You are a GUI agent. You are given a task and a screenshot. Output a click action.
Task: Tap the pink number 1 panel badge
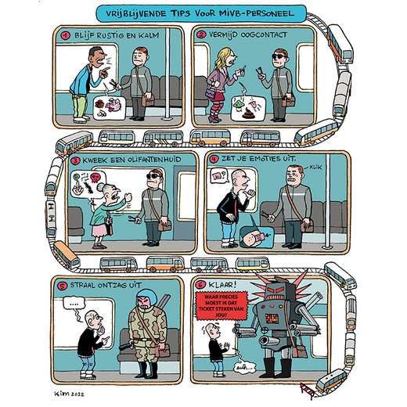click(x=66, y=35)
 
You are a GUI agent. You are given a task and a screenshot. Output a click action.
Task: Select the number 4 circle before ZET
click(x=214, y=159)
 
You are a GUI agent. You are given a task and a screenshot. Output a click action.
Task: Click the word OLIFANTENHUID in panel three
click(x=154, y=160)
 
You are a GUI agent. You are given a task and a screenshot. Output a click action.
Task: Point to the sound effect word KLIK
click(x=315, y=167)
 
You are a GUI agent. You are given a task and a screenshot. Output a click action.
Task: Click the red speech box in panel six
click(x=222, y=305)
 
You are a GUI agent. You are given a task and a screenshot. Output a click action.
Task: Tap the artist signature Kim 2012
click(x=69, y=394)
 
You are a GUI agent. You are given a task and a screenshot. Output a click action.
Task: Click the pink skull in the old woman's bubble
click(x=95, y=178)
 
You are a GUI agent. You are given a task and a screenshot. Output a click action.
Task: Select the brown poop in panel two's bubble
click(x=248, y=113)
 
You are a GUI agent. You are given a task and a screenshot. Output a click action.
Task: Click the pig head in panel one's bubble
click(x=113, y=105)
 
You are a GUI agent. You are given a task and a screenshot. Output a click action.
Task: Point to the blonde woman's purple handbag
click(x=211, y=92)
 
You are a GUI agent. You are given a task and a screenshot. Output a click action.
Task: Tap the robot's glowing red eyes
click(x=277, y=290)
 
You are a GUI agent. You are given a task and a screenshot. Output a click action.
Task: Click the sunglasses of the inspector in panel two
click(x=279, y=56)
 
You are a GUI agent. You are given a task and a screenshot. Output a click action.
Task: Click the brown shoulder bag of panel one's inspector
click(x=148, y=99)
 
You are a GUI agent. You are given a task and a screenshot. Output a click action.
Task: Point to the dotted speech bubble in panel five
click(x=74, y=304)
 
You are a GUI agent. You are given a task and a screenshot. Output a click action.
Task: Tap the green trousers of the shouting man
click(x=79, y=106)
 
